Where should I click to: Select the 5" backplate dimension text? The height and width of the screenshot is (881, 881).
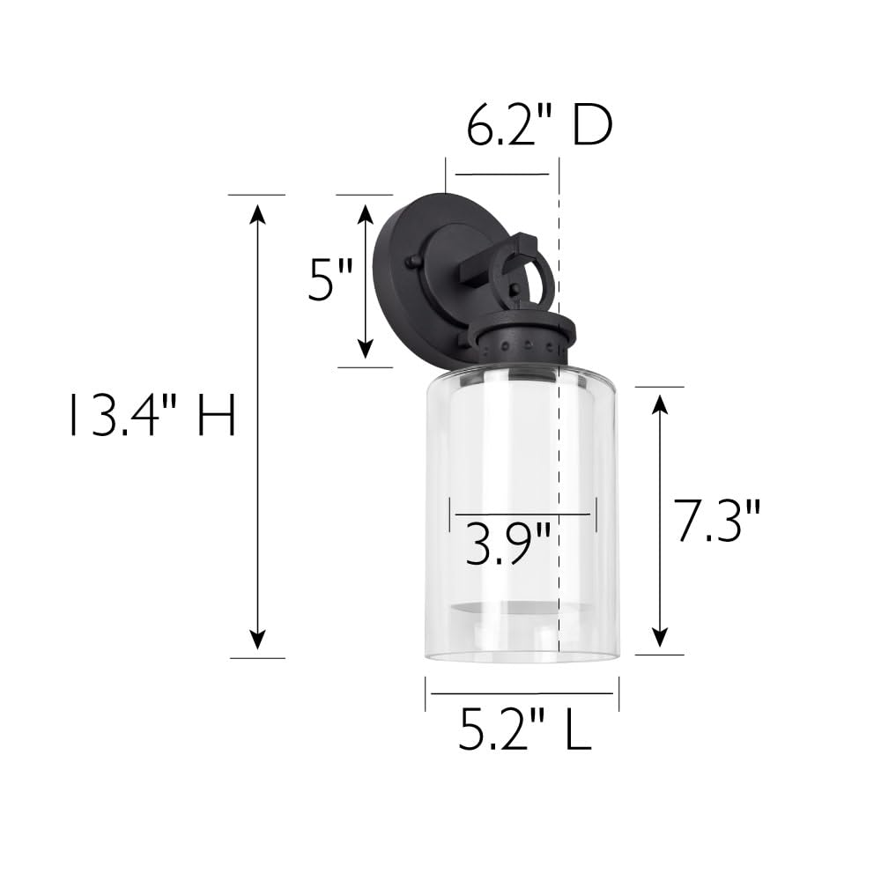[x=329, y=280]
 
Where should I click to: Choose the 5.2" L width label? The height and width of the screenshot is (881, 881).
[x=524, y=730]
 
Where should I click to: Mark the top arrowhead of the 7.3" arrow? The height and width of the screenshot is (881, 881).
[x=659, y=403]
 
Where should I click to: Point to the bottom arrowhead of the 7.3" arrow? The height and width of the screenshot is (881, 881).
[x=659, y=638]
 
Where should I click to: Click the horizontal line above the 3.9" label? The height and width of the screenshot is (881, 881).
[x=523, y=514]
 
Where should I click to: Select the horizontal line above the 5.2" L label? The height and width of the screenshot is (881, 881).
[x=523, y=693]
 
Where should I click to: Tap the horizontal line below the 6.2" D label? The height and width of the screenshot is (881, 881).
[x=502, y=174]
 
